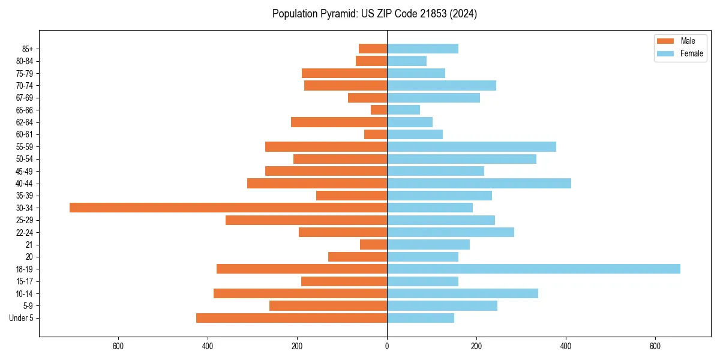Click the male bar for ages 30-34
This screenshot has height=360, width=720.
point(228,208)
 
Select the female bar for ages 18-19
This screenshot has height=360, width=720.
point(533,269)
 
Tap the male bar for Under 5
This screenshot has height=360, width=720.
point(292,318)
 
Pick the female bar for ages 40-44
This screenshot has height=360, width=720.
point(479,183)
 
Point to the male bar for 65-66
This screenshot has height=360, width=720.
point(379,110)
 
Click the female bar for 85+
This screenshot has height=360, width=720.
point(422,49)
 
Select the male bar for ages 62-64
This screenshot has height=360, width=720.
point(339,122)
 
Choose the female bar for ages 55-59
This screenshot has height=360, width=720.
point(472,146)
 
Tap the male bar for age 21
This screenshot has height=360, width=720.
point(373,244)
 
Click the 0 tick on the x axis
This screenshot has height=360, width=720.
point(387,346)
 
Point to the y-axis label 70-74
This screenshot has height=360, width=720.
point(25,85)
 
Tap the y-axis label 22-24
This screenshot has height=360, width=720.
point(25,232)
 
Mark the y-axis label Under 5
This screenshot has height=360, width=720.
point(21,318)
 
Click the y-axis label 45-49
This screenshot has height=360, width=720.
point(25,171)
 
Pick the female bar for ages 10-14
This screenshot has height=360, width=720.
point(463,293)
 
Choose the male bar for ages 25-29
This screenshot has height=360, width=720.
point(306,220)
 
